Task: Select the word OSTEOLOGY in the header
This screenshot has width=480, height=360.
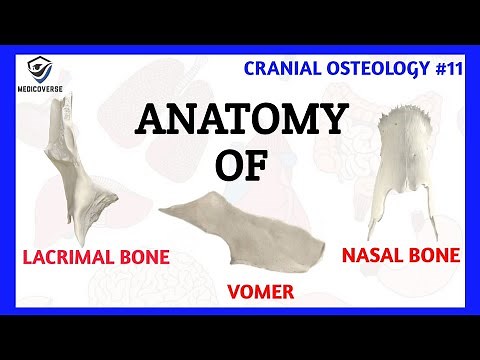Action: click(x=375, y=68)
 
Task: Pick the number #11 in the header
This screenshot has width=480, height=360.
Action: click(x=442, y=68)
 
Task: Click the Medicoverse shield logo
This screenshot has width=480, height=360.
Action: click(x=42, y=69)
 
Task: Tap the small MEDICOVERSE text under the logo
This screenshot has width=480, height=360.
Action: click(x=42, y=88)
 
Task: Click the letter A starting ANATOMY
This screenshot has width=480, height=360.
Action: click(x=152, y=121)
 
